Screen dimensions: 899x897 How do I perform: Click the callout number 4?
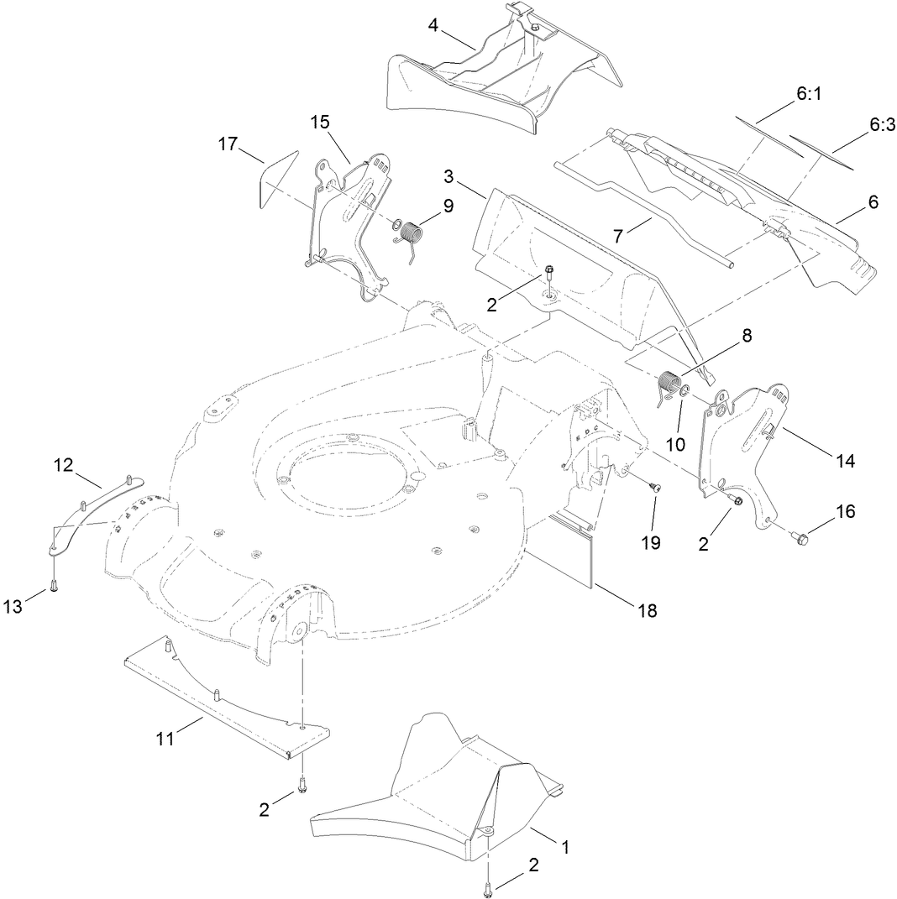click(x=433, y=24)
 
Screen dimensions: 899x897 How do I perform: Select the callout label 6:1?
click(x=808, y=96)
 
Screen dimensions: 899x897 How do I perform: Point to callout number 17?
click(x=228, y=144)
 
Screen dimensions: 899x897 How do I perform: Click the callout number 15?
click(x=320, y=122)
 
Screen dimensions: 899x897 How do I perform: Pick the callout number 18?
click(x=647, y=610)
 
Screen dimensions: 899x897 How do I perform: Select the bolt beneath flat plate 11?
click(x=302, y=787)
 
